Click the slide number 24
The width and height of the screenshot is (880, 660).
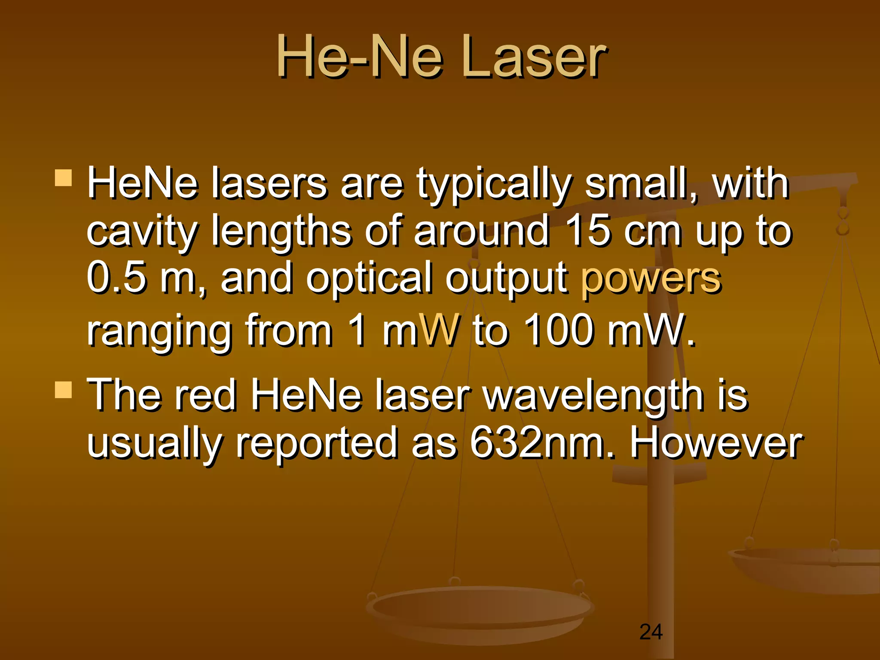coord(651,632)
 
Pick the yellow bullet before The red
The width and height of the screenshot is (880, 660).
coord(64,390)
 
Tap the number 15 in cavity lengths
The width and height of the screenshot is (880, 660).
coord(587,230)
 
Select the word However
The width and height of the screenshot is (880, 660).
coord(715,442)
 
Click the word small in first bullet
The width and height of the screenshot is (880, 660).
coord(640,183)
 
